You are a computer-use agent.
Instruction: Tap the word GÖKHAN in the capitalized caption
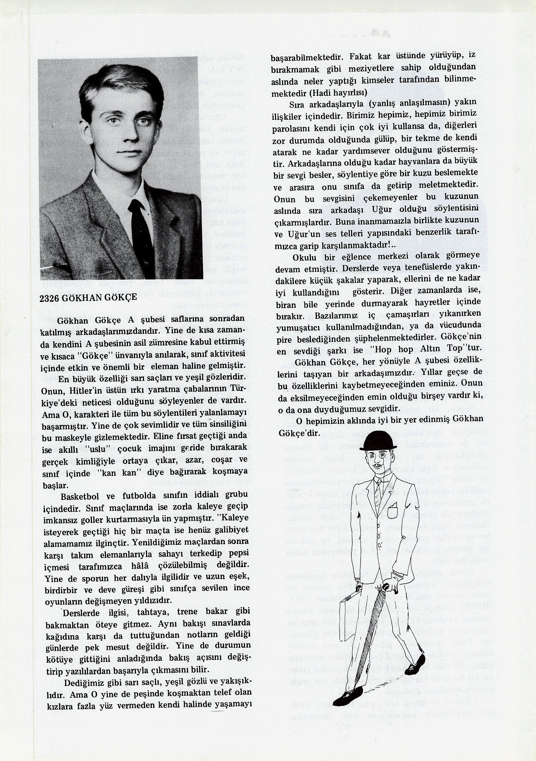(x=81, y=297)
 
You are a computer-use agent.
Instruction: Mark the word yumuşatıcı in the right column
(x=296, y=328)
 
